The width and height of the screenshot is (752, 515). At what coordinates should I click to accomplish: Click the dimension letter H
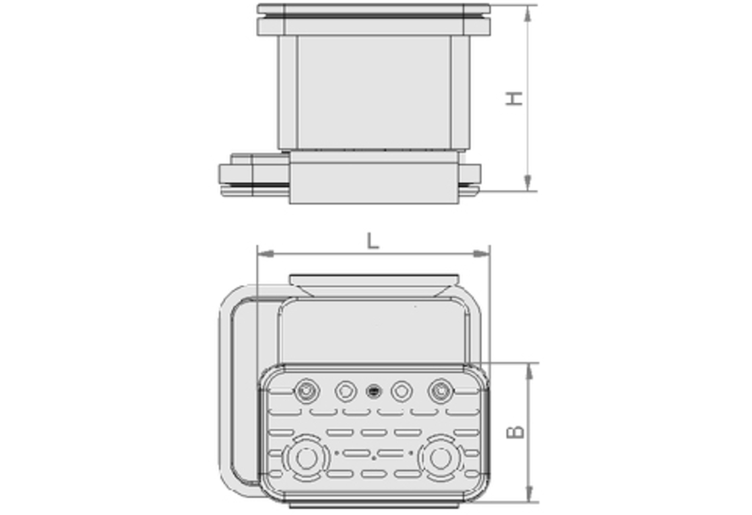[x=514, y=97]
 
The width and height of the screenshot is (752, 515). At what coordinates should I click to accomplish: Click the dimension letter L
[x=373, y=241]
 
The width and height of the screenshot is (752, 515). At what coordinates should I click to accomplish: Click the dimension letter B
[x=516, y=432]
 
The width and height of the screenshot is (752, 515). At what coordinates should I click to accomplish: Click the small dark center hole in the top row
[x=373, y=390]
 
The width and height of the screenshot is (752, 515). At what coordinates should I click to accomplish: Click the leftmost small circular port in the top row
[x=308, y=390]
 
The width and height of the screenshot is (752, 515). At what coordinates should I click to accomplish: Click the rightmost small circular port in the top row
[x=439, y=390]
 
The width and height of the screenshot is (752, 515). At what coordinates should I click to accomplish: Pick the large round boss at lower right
[x=439, y=458]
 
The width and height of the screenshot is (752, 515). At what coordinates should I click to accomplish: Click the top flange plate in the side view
[x=373, y=10]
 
